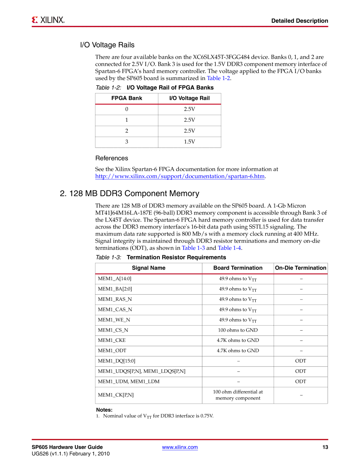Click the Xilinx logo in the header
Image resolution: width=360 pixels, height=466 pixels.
[x=48, y=20]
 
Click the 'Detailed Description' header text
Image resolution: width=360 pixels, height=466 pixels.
[x=299, y=21]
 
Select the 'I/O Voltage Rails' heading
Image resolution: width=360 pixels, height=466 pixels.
[x=107, y=45]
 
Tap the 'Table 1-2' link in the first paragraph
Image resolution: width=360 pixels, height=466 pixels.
[x=218, y=78]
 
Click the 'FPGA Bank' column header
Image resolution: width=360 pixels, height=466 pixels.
[x=127, y=98]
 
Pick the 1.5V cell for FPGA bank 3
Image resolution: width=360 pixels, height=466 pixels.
[x=189, y=142]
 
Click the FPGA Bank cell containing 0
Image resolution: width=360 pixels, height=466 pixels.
[x=127, y=109]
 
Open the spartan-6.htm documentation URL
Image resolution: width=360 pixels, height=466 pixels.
[x=180, y=176]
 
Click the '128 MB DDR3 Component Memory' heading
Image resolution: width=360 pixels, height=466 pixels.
[x=129, y=193]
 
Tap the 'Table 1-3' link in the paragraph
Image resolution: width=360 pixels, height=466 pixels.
[x=193, y=248]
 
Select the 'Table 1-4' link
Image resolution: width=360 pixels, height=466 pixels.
[x=229, y=248]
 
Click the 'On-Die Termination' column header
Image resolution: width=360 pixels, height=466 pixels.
[x=300, y=268]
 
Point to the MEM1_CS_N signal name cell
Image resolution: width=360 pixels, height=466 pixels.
[x=113, y=330]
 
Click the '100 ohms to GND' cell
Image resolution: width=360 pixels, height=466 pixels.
[x=238, y=330]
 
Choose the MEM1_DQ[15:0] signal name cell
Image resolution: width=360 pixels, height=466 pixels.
[x=117, y=361]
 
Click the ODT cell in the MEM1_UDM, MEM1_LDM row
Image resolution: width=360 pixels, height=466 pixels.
[x=300, y=382]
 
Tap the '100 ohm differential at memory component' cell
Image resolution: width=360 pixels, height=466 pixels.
[x=238, y=395]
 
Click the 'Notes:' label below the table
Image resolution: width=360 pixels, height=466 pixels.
[x=104, y=410]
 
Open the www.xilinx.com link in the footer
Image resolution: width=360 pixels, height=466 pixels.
[x=180, y=447]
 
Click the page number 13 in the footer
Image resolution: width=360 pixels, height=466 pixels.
[x=325, y=447]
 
